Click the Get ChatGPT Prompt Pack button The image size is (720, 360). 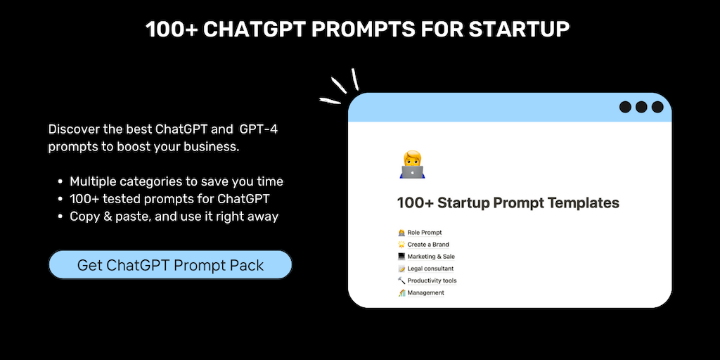point(170,264)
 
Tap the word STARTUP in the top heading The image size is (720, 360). point(519,30)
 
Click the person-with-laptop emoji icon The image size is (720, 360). point(412,165)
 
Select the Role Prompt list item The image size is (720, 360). point(420,233)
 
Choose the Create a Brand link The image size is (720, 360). point(423,245)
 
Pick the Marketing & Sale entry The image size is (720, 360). point(427,257)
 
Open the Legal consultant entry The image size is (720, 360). point(425,269)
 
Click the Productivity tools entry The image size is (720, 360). point(427,281)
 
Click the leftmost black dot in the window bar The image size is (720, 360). point(625,107)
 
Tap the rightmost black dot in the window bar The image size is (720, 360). point(657,107)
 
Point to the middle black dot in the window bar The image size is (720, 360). point(641,107)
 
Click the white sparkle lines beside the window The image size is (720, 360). point(340,86)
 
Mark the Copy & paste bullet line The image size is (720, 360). point(169,217)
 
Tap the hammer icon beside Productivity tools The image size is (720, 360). point(401,281)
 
